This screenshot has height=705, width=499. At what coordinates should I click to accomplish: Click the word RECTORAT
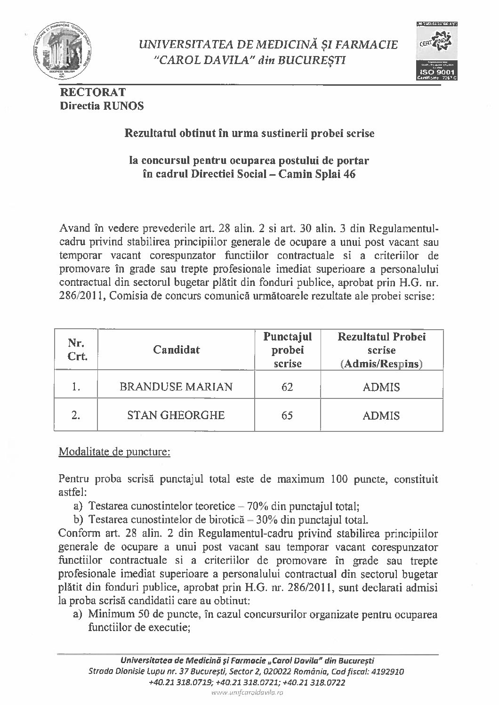(x=92, y=93)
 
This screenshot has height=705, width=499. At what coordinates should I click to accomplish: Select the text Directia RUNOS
(x=102, y=106)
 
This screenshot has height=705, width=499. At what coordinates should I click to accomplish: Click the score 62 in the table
(x=287, y=387)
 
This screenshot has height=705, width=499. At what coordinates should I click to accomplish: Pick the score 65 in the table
(x=287, y=415)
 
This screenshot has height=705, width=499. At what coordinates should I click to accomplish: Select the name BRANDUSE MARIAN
(x=176, y=387)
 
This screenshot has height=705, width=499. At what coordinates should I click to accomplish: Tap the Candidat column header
(x=176, y=349)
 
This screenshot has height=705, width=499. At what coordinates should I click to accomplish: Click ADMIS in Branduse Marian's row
(x=381, y=387)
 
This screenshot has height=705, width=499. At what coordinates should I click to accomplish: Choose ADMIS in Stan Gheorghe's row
(x=381, y=415)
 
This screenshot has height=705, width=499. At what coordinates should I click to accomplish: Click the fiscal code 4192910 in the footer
(x=387, y=671)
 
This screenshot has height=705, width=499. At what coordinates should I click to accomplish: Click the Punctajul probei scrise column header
(x=287, y=350)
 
